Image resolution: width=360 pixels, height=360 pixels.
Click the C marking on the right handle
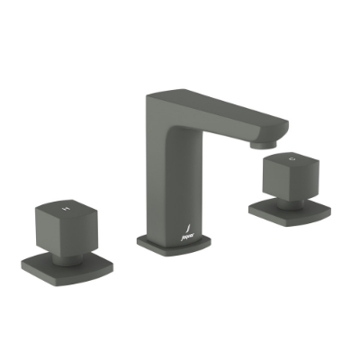tap(291, 160)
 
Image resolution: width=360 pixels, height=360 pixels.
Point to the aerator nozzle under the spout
tap(260, 142)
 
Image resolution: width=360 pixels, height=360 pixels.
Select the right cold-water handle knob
tap(288, 176)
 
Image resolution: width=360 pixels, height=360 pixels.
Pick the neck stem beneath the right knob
tap(285, 199)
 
